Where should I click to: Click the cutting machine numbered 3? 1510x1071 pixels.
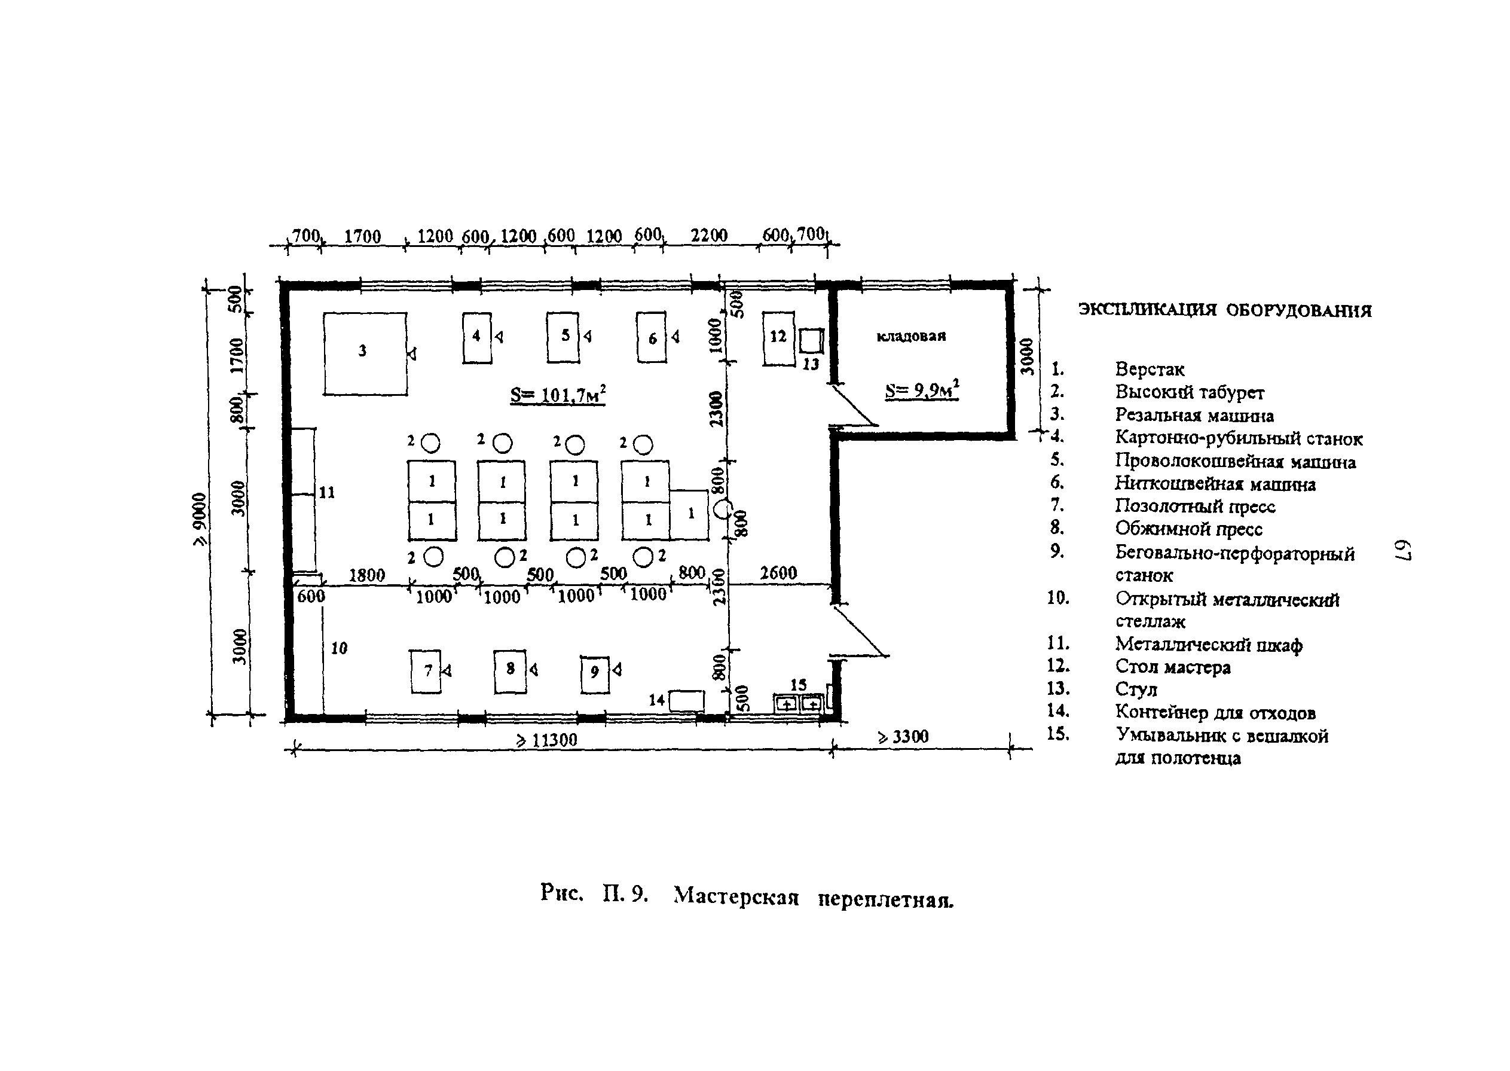click(x=365, y=354)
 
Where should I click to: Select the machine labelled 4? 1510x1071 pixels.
click(x=476, y=338)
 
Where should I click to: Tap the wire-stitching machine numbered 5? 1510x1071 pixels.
click(x=563, y=338)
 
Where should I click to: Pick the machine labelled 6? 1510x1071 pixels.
click(x=651, y=338)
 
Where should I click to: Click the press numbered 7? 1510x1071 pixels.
click(x=425, y=672)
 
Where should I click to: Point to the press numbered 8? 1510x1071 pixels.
click(x=510, y=672)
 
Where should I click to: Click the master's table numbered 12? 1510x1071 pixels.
click(x=778, y=339)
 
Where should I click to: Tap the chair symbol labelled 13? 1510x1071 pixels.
click(x=811, y=341)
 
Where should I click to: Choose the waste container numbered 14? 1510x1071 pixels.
click(x=686, y=700)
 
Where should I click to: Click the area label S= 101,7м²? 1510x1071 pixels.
click(x=558, y=395)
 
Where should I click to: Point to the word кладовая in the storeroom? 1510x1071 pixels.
click(x=911, y=336)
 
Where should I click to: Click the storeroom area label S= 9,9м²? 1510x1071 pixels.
click(x=921, y=390)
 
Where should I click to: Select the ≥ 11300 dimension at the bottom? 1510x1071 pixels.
click(x=546, y=740)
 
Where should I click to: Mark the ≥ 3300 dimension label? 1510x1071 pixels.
click(x=903, y=736)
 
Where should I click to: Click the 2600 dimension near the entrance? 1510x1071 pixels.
click(x=778, y=572)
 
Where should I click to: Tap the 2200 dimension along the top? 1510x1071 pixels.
click(x=709, y=236)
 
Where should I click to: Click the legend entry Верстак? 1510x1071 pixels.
click(x=1150, y=370)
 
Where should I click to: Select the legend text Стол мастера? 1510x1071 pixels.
click(x=1172, y=667)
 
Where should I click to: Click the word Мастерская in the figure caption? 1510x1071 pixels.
click(x=736, y=896)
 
